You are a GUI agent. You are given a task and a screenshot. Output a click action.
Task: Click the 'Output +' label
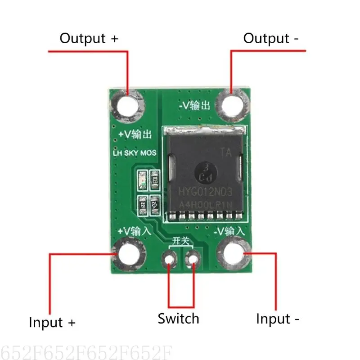point(89,38)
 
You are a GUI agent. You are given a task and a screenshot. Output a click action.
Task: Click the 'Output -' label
point(270,39)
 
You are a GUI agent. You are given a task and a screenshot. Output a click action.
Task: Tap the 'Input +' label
point(52,322)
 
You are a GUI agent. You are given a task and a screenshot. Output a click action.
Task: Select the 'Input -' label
point(278,319)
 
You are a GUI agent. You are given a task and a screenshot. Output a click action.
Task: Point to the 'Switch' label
point(178,319)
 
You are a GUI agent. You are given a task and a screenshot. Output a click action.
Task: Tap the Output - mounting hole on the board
point(233,105)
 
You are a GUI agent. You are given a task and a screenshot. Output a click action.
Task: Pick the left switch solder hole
point(170,259)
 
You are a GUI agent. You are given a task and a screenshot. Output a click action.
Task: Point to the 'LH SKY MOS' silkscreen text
point(134,153)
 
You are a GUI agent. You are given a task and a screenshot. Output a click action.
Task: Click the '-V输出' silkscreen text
point(194,106)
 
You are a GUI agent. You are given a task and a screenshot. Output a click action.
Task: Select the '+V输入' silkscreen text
point(135,231)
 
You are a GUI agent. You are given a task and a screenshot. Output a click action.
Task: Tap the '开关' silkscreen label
point(180,241)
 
